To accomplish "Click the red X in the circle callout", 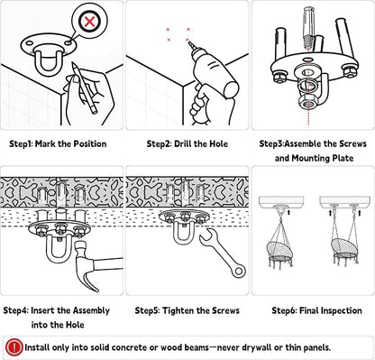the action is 89,22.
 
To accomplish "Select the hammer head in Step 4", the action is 86,264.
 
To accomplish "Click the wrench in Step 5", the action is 224,252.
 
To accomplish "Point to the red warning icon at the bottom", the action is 14,347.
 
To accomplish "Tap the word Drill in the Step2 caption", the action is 183,143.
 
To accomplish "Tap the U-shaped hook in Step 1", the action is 49,63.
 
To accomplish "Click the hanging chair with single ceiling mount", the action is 281,247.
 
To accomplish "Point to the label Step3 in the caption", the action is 271,143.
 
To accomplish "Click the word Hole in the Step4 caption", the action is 75,325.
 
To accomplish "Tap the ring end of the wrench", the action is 239,272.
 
